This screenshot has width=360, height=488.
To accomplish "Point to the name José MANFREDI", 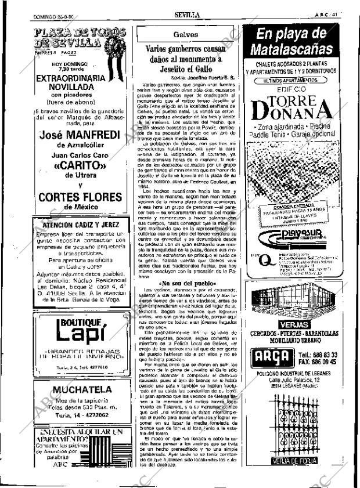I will click(x=79, y=136).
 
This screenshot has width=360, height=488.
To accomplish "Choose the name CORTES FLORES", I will click(x=79, y=197).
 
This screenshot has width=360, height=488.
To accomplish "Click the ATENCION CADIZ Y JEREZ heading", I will click(x=79, y=224).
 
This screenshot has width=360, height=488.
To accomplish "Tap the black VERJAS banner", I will click(x=293, y=324).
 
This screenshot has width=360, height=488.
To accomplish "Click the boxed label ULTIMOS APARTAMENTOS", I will click(x=293, y=80).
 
